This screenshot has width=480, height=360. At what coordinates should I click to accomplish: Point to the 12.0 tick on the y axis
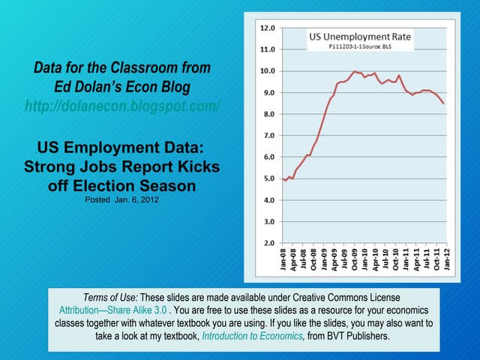point(267,28)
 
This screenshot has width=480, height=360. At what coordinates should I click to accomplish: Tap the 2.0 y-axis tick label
point(268,244)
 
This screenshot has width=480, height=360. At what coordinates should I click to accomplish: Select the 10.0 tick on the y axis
point(267,71)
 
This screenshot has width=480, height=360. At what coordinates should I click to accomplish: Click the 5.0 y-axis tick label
point(268,179)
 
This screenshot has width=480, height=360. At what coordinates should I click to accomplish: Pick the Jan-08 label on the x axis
point(283,260)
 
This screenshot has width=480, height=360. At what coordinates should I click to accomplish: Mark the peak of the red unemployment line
point(354,71)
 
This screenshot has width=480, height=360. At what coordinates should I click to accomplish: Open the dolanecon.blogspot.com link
point(122,106)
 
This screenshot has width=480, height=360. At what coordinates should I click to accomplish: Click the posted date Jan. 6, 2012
point(121,200)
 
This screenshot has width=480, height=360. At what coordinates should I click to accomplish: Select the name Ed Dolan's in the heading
point(93,86)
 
